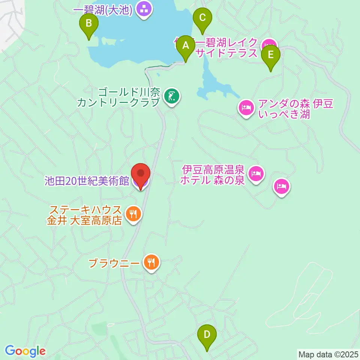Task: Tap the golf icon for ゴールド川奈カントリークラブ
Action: pos(172,97)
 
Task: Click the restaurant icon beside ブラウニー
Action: pos(151,262)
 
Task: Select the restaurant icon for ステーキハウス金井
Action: pos(133,214)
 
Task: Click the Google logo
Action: pos(25,351)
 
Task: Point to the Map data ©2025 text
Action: pos(328,354)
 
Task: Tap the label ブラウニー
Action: pos(114,262)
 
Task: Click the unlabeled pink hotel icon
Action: pos(282,186)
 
